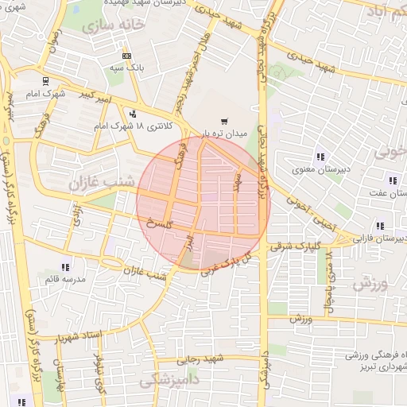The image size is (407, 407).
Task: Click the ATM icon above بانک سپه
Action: point(127,56)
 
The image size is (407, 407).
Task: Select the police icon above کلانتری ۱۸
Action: point(132,114)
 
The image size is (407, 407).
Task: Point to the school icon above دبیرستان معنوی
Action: point(320,156)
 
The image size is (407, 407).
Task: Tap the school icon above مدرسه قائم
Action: point(64,268)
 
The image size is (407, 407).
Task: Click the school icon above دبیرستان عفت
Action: point(391,180)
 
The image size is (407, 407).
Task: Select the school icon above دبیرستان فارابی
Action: point(381,226)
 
